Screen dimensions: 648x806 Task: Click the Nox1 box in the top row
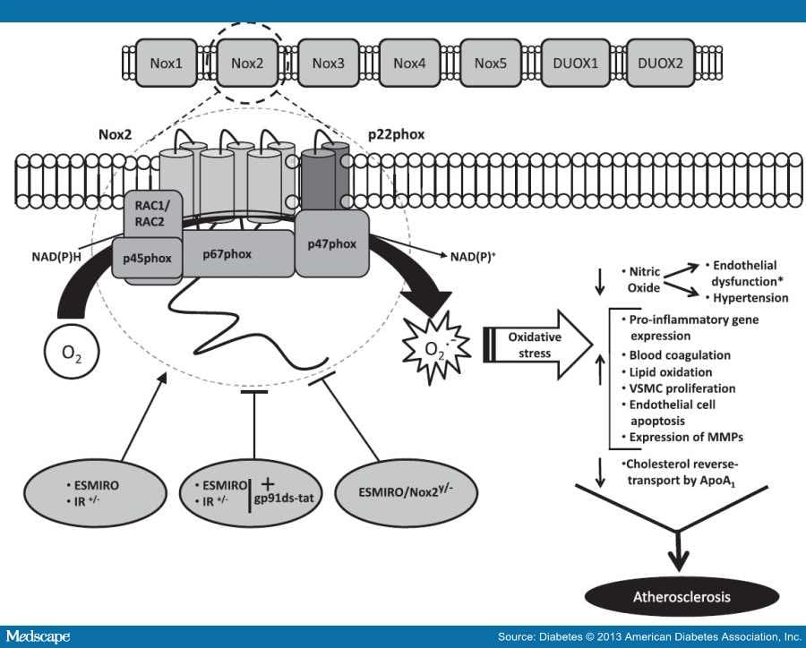(166, 64)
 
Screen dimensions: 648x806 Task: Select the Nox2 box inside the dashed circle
(248, 64)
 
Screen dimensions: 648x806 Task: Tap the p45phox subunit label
(149, 260)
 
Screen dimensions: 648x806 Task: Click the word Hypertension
(751, 297)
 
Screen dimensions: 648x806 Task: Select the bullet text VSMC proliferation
(683, 388)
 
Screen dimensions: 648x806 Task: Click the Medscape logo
(40, 636)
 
